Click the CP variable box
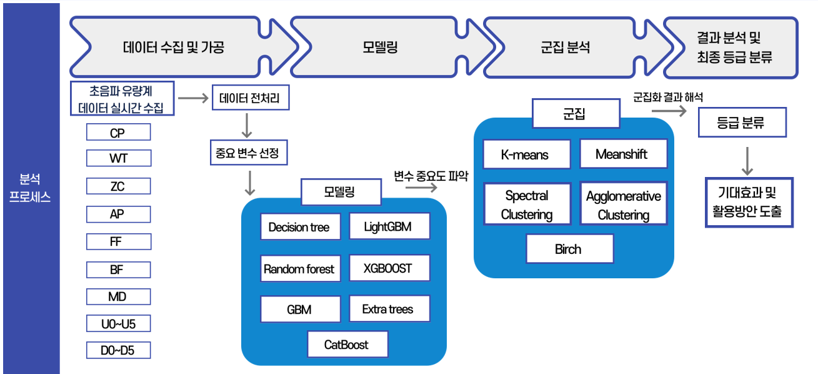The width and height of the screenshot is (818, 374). click(118, 133)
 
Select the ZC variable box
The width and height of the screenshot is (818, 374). click(118, 186)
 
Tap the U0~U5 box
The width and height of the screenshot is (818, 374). click(118, 324)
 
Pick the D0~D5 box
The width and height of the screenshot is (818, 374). click(118, 350)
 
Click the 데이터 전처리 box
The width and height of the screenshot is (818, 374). click(250, 98)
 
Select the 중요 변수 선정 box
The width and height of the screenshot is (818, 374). click(248, 152)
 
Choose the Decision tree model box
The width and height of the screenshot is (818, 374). click(299, 227)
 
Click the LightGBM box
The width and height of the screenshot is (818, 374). click(389, 226)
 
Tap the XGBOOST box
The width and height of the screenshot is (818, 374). click(389, 268)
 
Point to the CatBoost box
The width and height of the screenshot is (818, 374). click(347, 345)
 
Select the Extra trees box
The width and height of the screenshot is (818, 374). click(389, 309)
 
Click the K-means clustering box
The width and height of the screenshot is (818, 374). click(526, 154)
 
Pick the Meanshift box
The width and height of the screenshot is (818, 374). click(622, 154)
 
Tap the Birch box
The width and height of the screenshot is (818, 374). click(569, 249)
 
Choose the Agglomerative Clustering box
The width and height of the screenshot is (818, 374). click(623, 205)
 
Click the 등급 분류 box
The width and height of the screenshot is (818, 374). click(741, 123)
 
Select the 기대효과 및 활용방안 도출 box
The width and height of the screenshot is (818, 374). click(749, 202)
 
